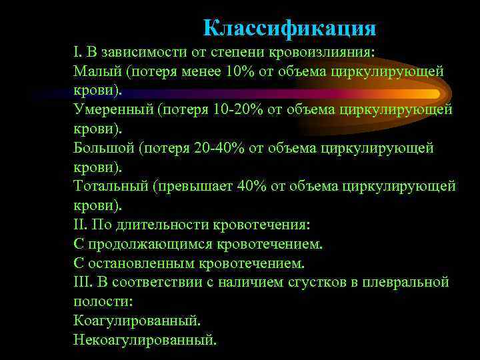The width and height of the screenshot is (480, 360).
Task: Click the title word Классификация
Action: [289, 28]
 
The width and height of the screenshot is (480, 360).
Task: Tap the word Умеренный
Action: [113, 109]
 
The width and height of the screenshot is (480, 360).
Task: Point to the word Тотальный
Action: [110, 186]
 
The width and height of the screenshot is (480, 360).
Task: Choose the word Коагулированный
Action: [137, 321]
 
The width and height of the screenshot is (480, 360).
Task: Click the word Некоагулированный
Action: [145, 340]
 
